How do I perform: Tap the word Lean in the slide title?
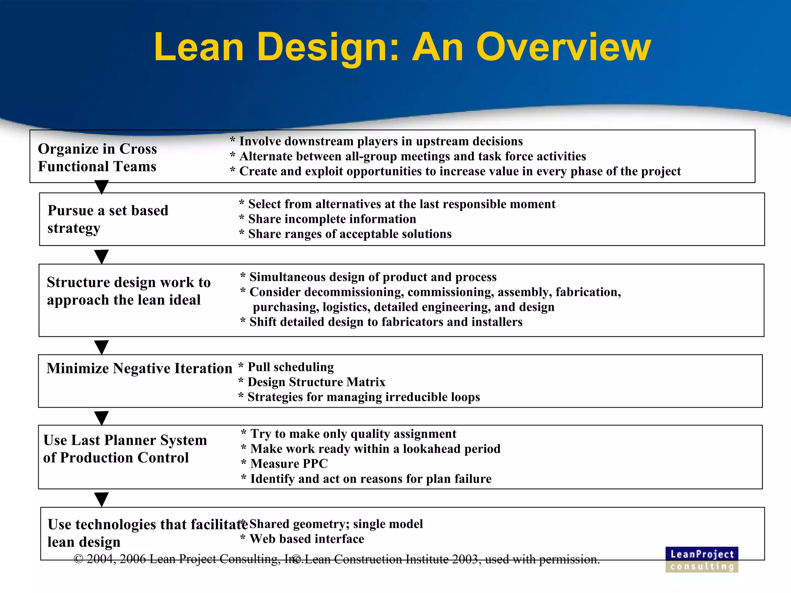tap(199, 47)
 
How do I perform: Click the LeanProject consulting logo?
tap(701, 559)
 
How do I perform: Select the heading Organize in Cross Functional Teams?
tap(97, 158)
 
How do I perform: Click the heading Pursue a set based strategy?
tap(108, 219)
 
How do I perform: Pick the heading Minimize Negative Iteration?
tap(139, 368)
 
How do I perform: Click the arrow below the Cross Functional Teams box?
tap(102, 187)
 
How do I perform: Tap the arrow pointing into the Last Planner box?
tap(102, 418)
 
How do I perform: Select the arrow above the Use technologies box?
tap(102, 499)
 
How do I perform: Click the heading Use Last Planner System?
tap(125, 449)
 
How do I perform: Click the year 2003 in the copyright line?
tap(466, 559)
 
